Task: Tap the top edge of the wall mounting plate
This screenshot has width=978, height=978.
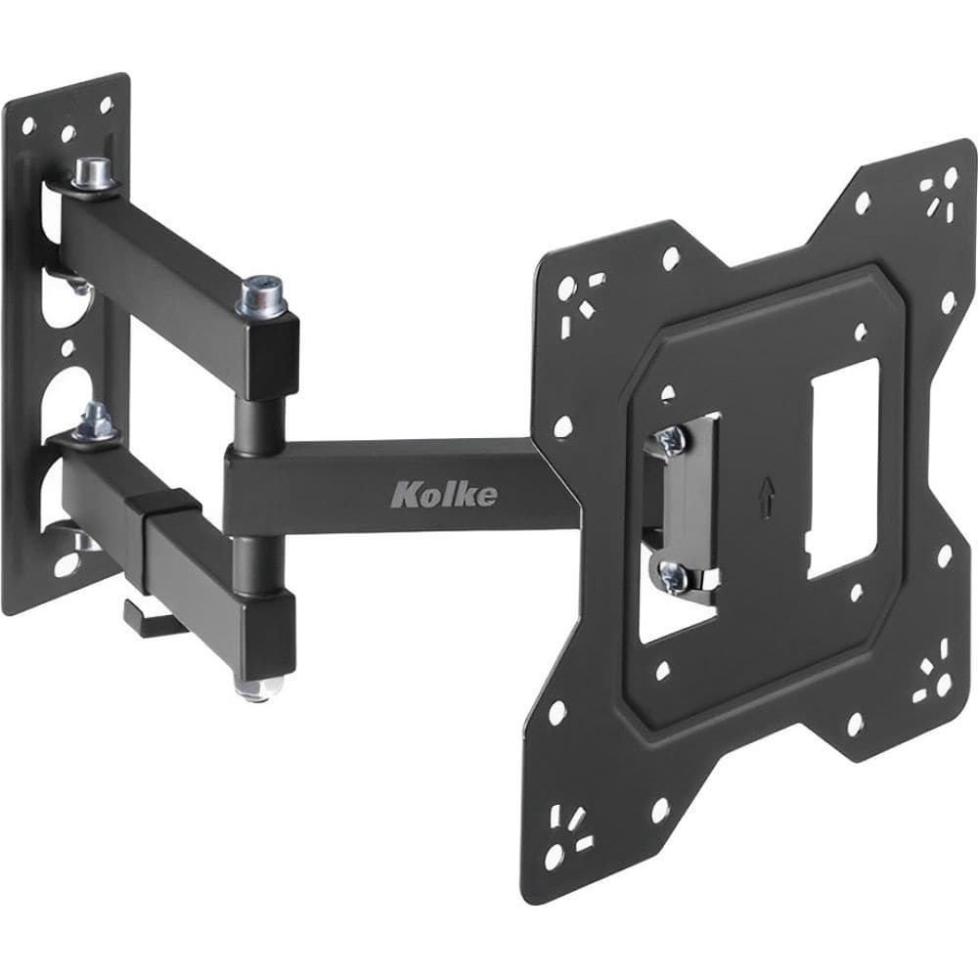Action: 68,86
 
